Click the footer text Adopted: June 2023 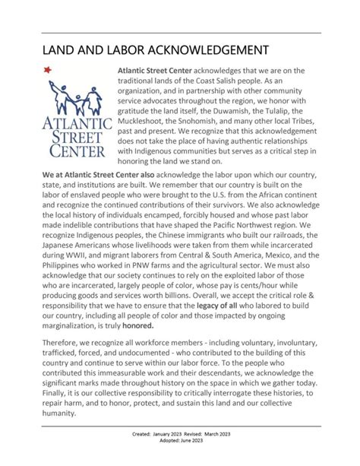point(179,460)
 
